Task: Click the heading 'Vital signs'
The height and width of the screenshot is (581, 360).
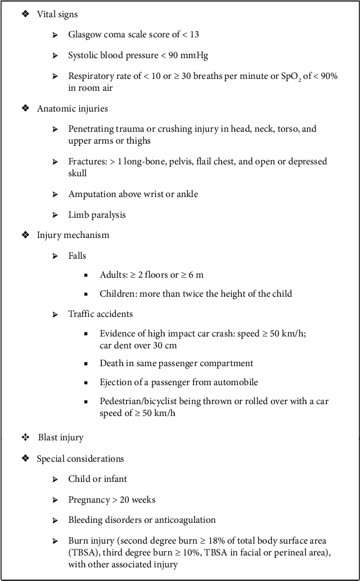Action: [x=57, y=14]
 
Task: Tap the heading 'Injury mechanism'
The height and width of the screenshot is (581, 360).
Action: [x=73, y=235]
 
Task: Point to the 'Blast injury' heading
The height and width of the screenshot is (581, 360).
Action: [x=60, y=437]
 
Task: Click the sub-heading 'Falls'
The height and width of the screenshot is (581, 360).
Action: [x=77, y=256]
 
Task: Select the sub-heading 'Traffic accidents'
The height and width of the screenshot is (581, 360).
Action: [x=100, y=313]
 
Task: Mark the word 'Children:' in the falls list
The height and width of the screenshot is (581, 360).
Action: [x=119, y=293]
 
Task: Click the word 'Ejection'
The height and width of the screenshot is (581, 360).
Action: [x=116, y=382]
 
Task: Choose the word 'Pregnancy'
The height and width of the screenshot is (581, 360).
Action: [x=88, y=499]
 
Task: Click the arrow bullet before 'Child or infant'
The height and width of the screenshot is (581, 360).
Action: [x=55, y=479]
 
